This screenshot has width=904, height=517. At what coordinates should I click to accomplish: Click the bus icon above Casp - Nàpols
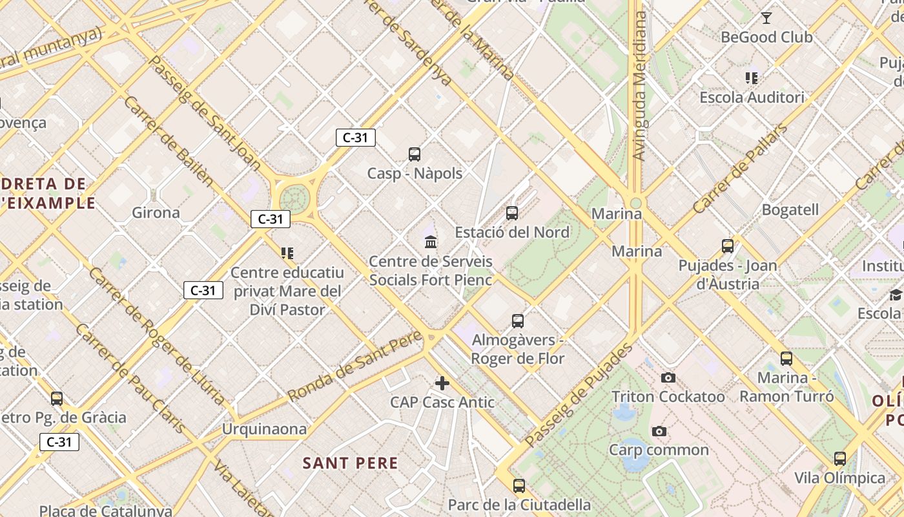(x=415, y=154)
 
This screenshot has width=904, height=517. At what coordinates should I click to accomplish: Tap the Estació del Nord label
(x=512, y=232)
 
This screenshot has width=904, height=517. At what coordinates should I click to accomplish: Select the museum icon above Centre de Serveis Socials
(x=431, y=242)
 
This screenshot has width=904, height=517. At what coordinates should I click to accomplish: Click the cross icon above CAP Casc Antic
(x=442, y=383)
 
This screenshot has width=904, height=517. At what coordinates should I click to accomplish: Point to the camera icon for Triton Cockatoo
(x=668, y=377)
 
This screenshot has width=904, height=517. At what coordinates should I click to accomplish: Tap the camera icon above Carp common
(x=659, y=431)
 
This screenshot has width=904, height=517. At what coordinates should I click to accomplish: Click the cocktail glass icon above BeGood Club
(x=766, y=18)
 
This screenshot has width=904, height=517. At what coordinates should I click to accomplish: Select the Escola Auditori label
(x=752, y=98)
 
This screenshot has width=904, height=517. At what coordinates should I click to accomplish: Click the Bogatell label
(x=790, y=210)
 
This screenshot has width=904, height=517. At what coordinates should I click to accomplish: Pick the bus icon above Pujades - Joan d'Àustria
(x=728, y=246)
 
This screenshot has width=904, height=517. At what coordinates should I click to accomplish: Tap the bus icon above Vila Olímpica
(x=839, y=459)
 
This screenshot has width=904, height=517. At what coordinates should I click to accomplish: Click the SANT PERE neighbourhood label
(x=351, y=463)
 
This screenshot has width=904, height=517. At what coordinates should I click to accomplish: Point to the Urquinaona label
(x=264, y=429)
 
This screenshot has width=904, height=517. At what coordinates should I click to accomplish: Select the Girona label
(x=156, y=213)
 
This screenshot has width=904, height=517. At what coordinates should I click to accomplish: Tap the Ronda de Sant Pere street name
(x=355, y=365)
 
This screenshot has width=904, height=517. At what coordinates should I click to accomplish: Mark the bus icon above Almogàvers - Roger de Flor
(x=517, y=321)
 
